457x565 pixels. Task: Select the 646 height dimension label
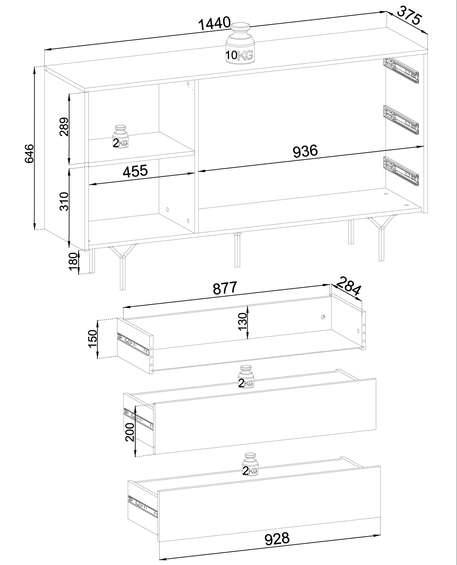click(29, 153)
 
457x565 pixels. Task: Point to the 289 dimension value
click(65, 127)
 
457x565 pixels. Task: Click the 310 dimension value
click(65, 201)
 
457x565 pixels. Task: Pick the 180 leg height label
click(73, 261)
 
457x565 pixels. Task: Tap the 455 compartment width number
click(135, 171)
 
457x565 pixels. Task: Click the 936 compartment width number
click(305, 151)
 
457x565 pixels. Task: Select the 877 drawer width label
click(225, 288)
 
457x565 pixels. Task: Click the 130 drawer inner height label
click(243, 322)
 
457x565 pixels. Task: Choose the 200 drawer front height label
click(130, 440)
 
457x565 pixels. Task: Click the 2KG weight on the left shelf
click(121, 136)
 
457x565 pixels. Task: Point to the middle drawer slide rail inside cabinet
click(401, 120)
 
